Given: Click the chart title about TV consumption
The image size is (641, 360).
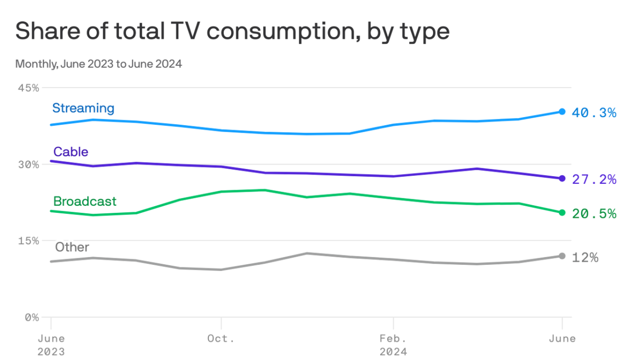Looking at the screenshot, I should click(x=232, y=32).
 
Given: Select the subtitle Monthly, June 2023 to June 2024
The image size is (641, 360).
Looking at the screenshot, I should click(x=98, y=64).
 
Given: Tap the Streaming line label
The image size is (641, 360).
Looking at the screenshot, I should click(x=83, y=108).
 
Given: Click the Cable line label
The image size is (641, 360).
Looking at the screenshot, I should click(x=71, y=152).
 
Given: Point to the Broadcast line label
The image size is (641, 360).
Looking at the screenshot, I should click(x=85, y=201).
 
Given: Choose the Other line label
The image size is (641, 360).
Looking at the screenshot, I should click(x=72, y=247).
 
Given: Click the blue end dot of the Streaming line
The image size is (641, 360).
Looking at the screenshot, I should click(x=562, y=112).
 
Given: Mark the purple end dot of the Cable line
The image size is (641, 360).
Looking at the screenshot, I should click(x=562, y=178).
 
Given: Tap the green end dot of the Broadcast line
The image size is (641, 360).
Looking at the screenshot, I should click(x=562, y=213).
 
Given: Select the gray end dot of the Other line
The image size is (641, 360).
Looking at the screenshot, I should click(x=562, y=256).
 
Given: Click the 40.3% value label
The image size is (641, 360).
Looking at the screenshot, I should click(x=594, y=113).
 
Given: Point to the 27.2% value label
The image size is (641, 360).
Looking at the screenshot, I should click(x=594, y=179).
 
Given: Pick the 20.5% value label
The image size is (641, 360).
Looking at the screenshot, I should click(x=594, y=214).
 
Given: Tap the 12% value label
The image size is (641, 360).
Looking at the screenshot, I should click(x=585, y=257).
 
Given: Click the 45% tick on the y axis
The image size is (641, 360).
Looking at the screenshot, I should click(x=29, y=88).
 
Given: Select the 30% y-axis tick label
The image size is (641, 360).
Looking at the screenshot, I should click(x=29, y=165).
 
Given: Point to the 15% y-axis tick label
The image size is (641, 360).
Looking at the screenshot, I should click(x=29, y=241).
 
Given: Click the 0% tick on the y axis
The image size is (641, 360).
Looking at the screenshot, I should click(x=32, y=317).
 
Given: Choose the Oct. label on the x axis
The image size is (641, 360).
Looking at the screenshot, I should click(x=221, y=338).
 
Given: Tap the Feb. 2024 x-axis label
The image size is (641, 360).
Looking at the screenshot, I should click(x=394, y=344).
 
